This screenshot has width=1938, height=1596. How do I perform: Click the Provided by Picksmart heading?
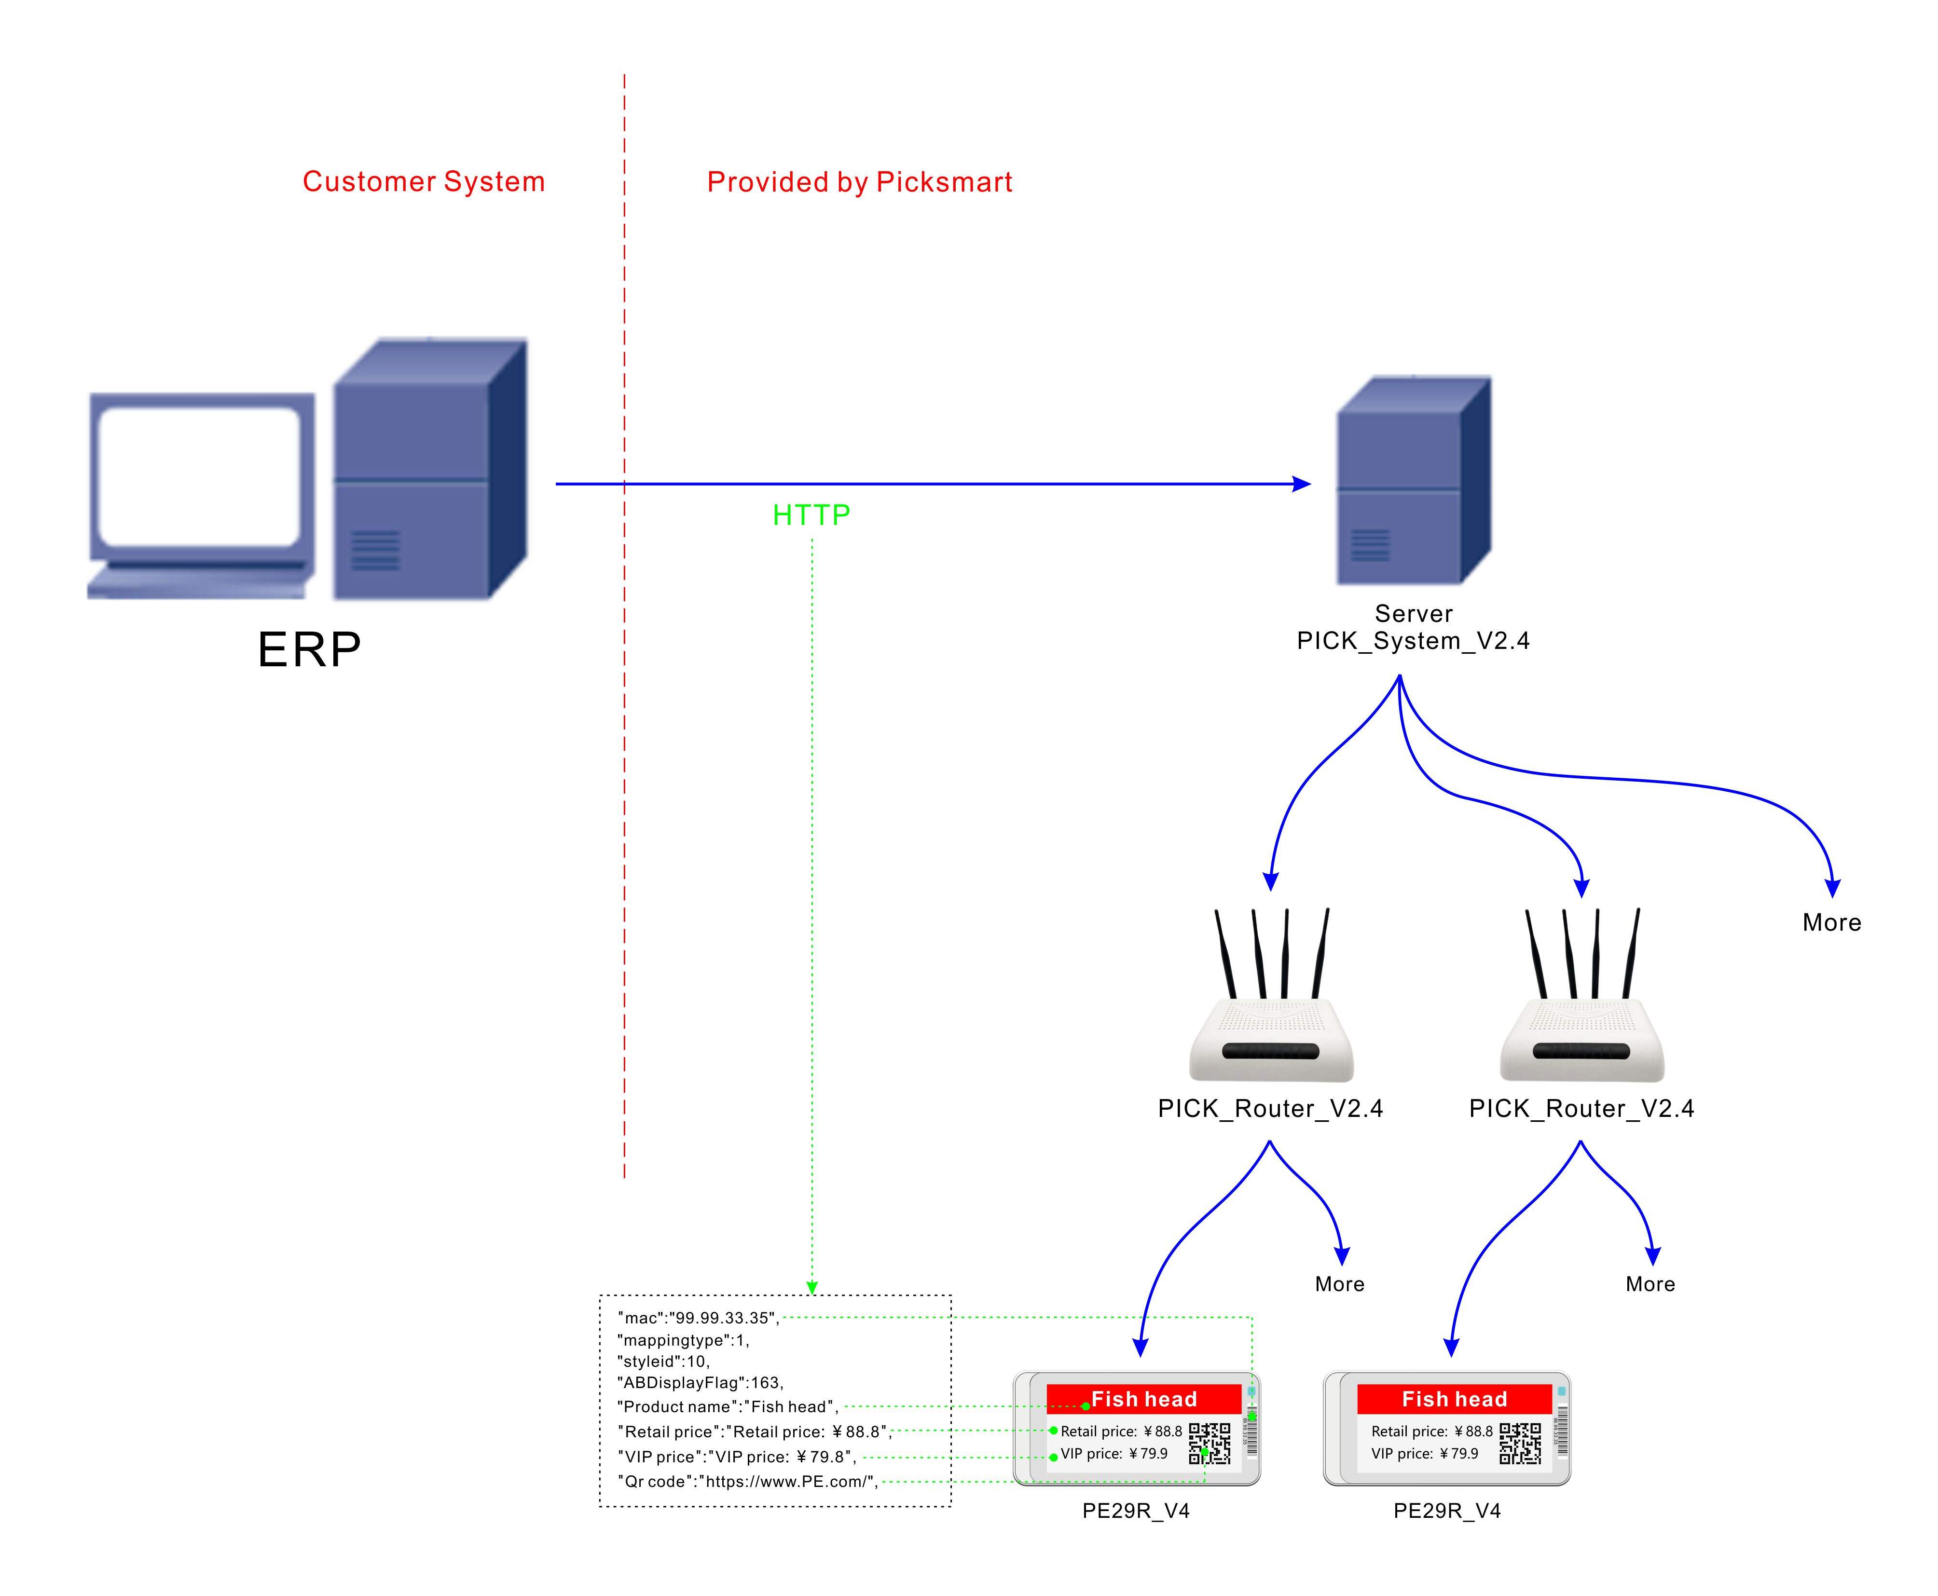(x=859, y=182)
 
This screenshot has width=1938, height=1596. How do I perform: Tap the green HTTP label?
(x=811, y=515)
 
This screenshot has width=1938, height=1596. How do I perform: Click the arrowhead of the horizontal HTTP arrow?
(x=1302, y=483)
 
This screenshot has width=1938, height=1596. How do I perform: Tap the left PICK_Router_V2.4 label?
(x=1270, y=1109)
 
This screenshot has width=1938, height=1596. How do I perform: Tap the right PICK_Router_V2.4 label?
(x=1581, y=1109)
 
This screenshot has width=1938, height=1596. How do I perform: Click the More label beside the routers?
(x=1830, y=923)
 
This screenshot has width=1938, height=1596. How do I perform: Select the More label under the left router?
(x=1339, y=1284)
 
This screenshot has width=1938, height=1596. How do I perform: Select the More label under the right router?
(x=1649, y=1284)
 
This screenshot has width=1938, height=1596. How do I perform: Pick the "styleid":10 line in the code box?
(x=663, y=1362)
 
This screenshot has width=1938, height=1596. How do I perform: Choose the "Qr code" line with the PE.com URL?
(x=746, y=1482)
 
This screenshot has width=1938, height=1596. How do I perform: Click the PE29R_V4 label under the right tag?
(x=1446, y=1512)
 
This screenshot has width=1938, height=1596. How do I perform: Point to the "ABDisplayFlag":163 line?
(x=700, y=1383)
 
